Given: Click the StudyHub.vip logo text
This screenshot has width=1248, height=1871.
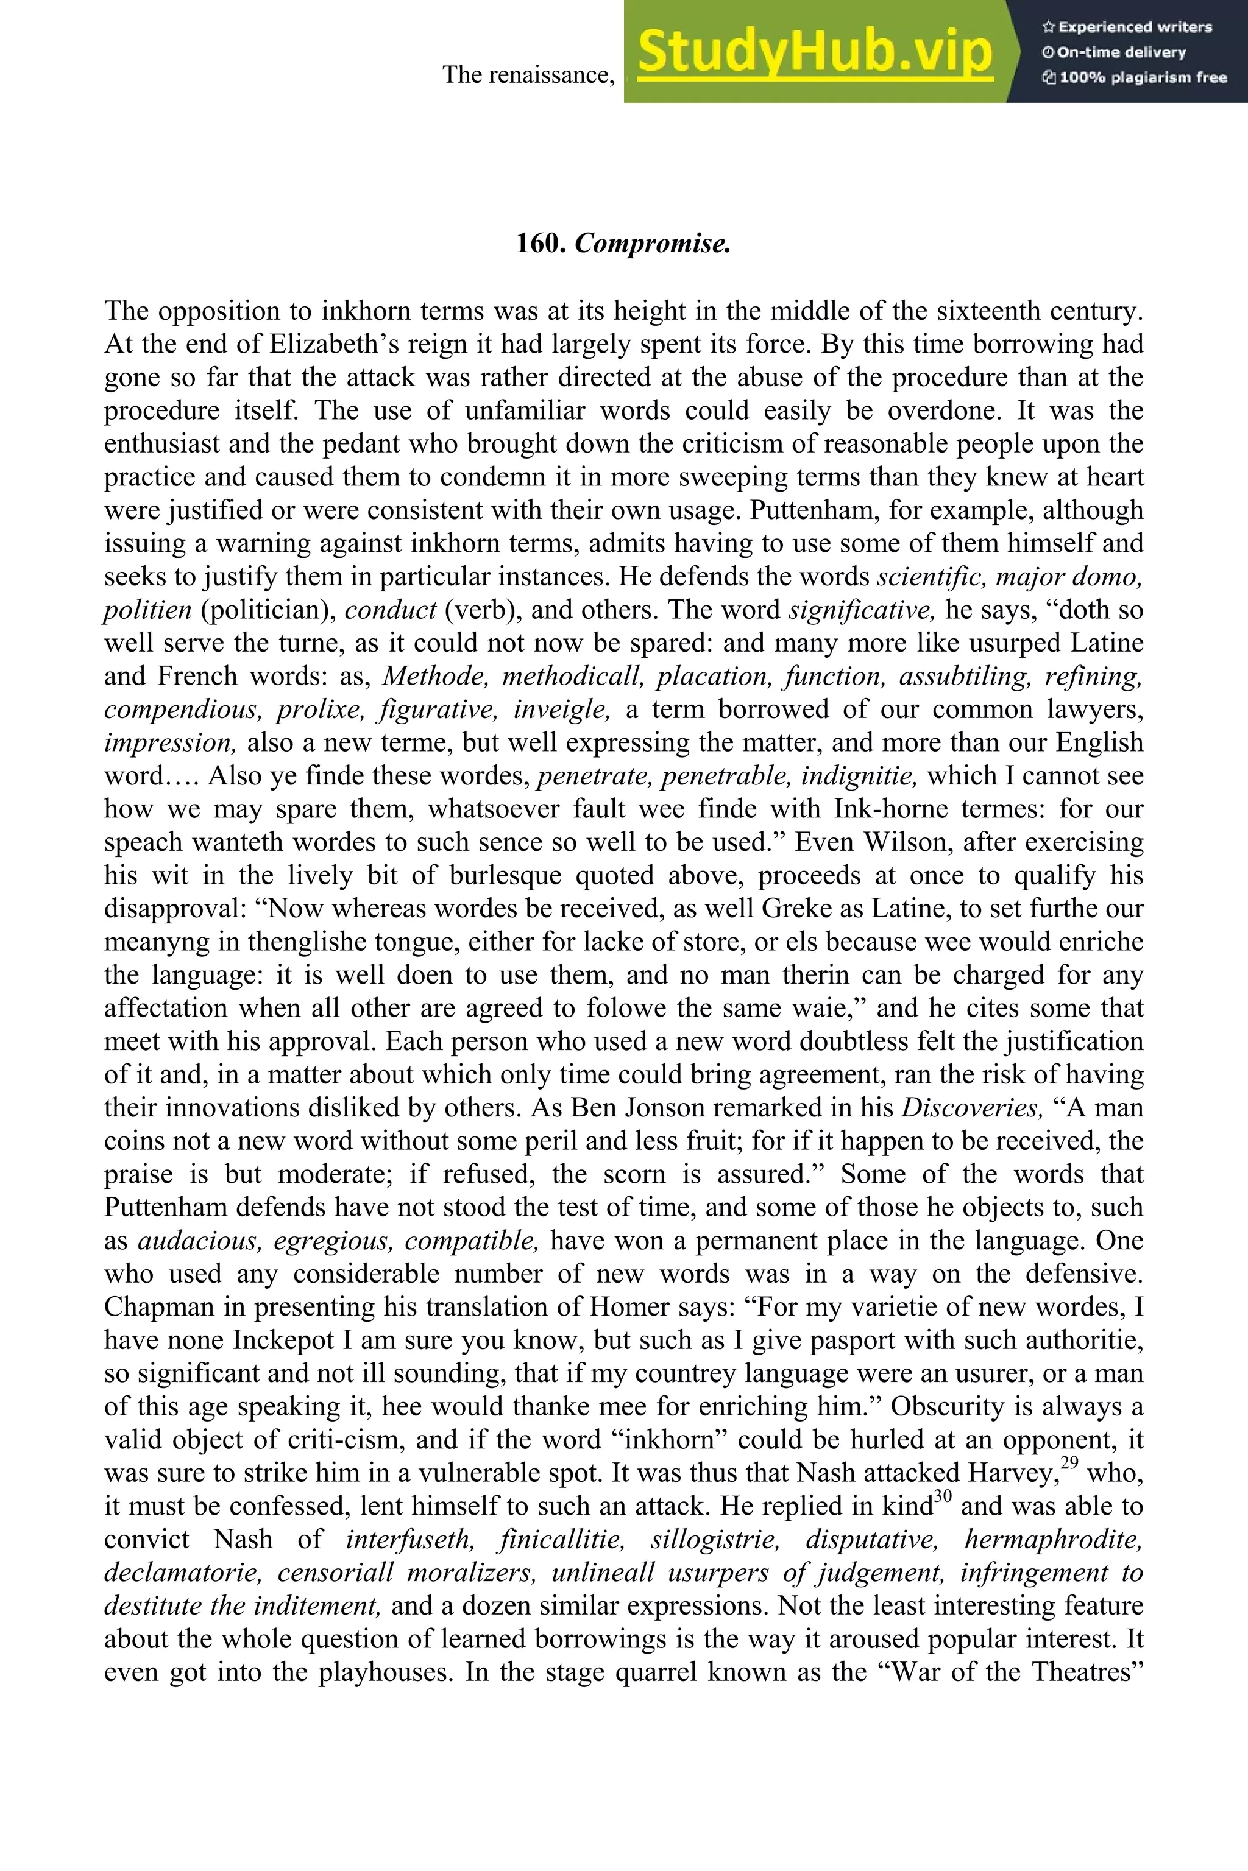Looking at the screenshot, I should click(815, 52).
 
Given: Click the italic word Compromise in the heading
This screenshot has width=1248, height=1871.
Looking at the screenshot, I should click(652, 244).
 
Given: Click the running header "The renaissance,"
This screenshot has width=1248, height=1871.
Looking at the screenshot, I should click(528, 75).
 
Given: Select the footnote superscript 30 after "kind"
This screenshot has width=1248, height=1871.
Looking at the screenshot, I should click(942, 1496).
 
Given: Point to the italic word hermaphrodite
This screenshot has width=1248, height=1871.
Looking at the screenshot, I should click(1054, 1539).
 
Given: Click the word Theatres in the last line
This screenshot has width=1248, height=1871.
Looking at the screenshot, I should click(1088, 1672).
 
